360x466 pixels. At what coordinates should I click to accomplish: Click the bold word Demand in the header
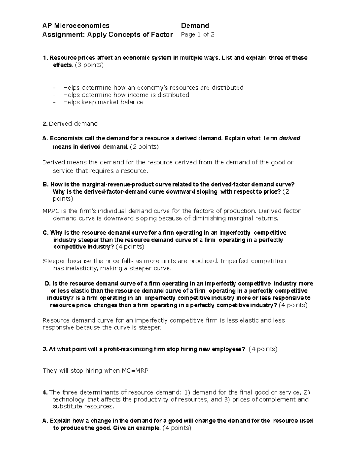coord(195,26)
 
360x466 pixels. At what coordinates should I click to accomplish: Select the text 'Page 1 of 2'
coord(198,35)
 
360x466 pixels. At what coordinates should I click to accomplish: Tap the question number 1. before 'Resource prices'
coord(45,58)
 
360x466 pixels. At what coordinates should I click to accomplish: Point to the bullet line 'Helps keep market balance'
coord(103,102)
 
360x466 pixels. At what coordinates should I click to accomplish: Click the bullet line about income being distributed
coord(126,95)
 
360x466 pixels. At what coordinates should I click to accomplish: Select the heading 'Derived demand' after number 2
coord(73,124)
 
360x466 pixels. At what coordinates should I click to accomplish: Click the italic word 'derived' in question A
coord(289,138)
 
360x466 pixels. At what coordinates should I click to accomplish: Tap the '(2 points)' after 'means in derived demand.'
coord(144,147)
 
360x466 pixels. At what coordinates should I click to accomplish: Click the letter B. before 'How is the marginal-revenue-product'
coord(46,185)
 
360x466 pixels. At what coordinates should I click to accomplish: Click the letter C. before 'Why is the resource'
coord(46,233)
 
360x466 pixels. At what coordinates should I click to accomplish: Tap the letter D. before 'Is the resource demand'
coord(47,284)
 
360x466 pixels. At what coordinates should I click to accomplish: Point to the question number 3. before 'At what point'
coord(45,349)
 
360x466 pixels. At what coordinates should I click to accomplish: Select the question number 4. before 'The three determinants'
coord(45,392)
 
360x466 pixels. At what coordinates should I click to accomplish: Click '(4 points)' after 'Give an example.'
coord(177,428)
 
